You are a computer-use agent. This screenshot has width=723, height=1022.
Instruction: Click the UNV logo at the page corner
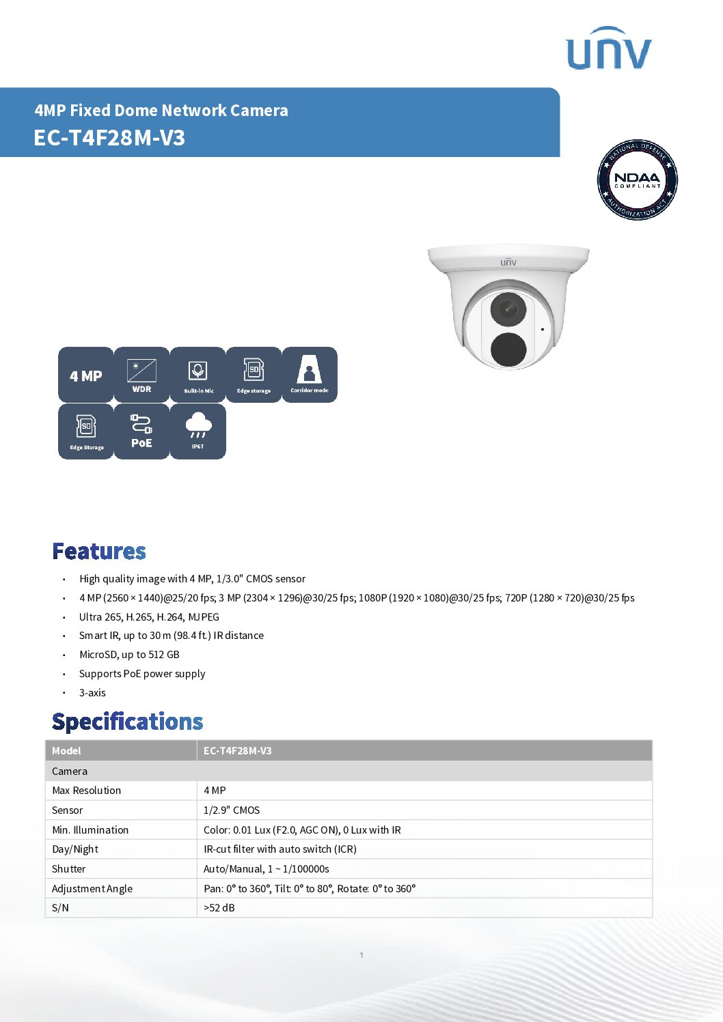pos(608,49)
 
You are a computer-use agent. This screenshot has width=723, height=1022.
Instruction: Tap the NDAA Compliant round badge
pos(637,180)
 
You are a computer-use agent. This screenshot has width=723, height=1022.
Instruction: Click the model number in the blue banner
pos(109,138)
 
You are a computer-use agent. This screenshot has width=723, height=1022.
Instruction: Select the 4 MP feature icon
pos(86,375)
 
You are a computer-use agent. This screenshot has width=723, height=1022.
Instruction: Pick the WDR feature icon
pos(141,375)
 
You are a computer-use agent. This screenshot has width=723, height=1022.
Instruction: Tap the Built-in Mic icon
pos(198,375)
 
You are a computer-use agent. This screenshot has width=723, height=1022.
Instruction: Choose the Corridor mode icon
pos(310,375)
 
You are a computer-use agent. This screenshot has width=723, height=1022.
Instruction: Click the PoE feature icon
pos(141,431)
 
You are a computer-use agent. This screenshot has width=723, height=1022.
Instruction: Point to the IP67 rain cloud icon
pos(198,431)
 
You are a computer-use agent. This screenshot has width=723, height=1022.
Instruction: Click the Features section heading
pos(99,551)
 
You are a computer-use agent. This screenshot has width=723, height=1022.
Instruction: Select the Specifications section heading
pos(128,722)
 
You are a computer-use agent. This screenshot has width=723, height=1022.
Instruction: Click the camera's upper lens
pos(508,309)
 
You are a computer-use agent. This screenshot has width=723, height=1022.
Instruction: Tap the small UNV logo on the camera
pos(508,262)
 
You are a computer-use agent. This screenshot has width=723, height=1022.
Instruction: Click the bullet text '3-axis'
pos(92,693)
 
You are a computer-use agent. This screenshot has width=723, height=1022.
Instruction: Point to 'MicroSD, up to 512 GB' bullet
pos(129,655)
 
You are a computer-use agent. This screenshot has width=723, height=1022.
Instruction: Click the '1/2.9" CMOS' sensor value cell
pos(232,810)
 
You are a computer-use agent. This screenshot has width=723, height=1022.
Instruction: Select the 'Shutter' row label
pos(69,869)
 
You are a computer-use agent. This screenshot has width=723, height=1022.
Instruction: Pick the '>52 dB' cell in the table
pos(219,908)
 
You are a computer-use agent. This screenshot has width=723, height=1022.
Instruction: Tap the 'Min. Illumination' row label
pos(90,830)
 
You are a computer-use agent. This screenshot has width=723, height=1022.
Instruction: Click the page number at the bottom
pos(361,955)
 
